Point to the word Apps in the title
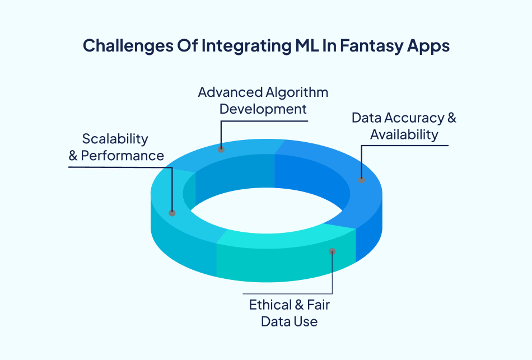pyautogui.click(x=428, y=46)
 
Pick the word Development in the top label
pyautogui.click(x=263, y=109)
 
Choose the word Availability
pyautogui.click(x=404, y=135)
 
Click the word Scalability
pyautogui.click(x=115, y=138)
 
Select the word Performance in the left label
pyautogui.click(x=123, y=156)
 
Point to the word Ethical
pyautogui.click(x=270, y=305)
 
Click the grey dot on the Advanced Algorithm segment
pyautogui.click(x=221, y=149)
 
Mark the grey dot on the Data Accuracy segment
pyautogui.click(x=361, y=180)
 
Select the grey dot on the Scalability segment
pyautogui.click(x=172, y=213)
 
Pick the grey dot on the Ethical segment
pyautogui.click(x=332, y=251)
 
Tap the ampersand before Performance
pyautogui.click(x=73, y=156)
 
